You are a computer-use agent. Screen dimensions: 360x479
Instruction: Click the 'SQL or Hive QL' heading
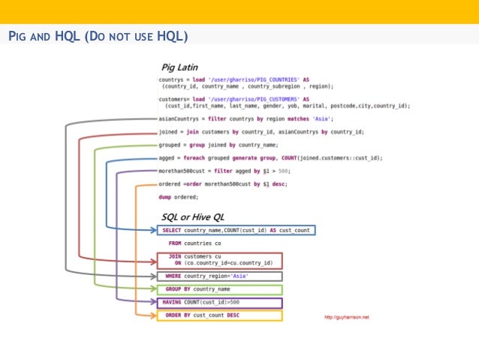[x=194, y=216]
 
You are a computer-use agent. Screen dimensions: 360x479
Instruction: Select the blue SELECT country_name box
[x=236, y=230]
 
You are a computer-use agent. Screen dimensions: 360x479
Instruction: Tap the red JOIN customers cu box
[x=219, y=260]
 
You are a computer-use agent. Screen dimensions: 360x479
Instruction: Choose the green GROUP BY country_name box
[x=219, y=289]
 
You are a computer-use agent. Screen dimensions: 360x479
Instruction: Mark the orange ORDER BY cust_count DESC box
[x=219, y=316]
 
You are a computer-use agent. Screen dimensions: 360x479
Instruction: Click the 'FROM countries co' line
[x=194, y=244]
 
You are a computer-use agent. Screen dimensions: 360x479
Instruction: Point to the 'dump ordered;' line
[x=179, y=197]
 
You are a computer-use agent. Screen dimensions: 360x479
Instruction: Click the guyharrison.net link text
[x=346, y=317]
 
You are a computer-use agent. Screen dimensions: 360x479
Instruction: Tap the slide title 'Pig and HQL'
[x=98, y=36]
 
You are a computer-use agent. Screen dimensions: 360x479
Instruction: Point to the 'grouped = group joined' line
[x=218, y=144]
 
